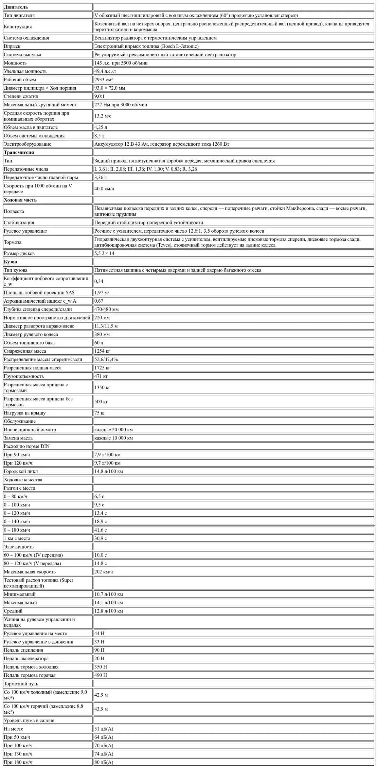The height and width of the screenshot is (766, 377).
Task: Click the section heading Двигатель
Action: tap(16, 7)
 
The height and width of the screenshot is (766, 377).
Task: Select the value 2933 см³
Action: tap(103, 80)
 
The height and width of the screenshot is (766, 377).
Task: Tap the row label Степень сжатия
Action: tap(21, 96)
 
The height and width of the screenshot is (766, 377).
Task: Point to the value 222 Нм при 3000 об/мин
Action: tap(120, 105)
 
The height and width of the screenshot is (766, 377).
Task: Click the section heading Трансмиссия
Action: tap(19, 152)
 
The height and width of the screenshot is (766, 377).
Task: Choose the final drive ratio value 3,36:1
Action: tap(101, 178)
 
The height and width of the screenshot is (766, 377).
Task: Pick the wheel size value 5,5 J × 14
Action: tap(104, 253)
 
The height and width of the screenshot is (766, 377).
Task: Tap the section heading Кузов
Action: tap(10, 262)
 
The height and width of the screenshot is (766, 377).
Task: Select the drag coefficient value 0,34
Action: tap(99, 281)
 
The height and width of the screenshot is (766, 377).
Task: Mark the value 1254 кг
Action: tap(102, 351)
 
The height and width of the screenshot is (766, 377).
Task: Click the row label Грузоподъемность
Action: tap(24, 376)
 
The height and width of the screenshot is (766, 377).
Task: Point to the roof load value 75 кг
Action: tap(100, 413)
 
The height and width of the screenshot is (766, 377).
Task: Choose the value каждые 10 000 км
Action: tap(113, 438)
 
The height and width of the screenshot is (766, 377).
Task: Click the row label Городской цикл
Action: tap(21, 471)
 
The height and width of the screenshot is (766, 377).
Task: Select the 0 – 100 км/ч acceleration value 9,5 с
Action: tap(99, 505)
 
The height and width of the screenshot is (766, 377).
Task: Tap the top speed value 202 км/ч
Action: tap(104, 572)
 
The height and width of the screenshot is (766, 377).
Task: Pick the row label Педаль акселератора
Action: tap(26, 658)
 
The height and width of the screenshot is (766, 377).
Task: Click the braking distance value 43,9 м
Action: tap(101, 709)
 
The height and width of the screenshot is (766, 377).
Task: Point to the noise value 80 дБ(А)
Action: tap(104, 762)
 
